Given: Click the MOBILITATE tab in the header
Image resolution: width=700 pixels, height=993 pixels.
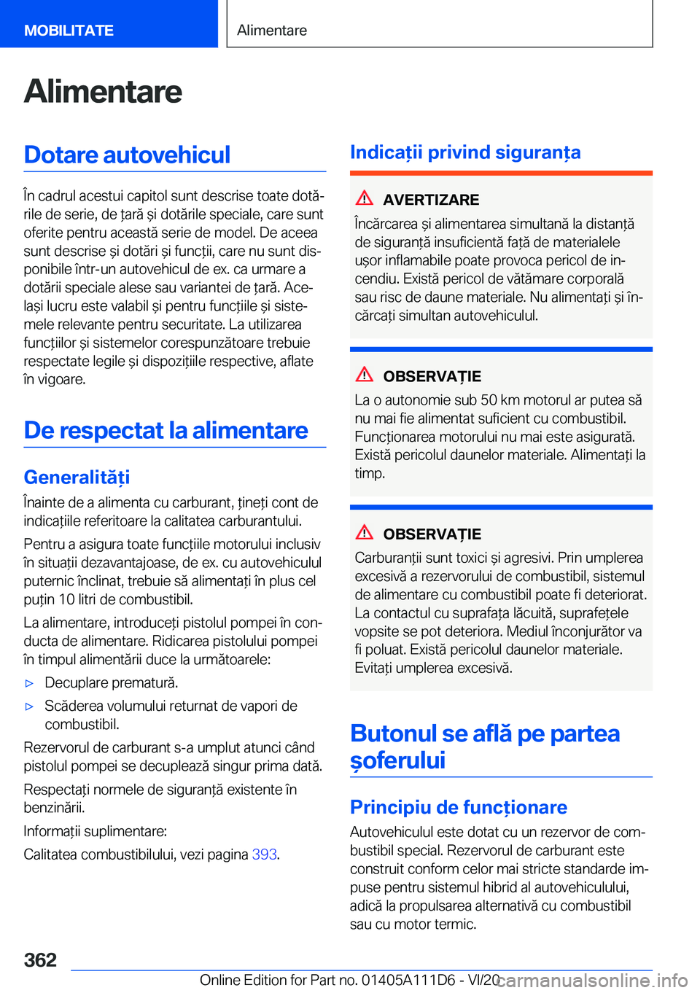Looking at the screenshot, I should [x=69, y=31].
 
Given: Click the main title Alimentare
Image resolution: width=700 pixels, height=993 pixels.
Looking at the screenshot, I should [x=103, y=92].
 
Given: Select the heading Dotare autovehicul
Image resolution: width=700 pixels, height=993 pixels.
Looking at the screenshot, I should [x=127, y=155].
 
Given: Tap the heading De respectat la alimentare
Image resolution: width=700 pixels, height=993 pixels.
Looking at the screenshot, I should [x=166, y=430].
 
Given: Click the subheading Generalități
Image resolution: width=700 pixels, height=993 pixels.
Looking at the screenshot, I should [x=77, y=477].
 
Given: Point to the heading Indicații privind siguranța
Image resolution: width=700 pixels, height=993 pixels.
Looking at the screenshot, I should [x=465, y=152].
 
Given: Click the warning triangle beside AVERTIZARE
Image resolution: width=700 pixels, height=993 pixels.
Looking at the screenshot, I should [x=365, y=198].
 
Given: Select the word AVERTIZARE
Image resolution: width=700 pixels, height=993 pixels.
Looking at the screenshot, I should [x=431, y=200].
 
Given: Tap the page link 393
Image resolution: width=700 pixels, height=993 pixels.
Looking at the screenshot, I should [x=264, y=854].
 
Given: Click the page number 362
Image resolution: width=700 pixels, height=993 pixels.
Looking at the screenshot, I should [x=40, y=959].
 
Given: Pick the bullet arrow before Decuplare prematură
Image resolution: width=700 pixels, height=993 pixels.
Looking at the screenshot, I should [x=30, y=684].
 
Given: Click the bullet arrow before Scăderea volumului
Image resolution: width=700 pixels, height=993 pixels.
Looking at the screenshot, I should [x=30, y=706].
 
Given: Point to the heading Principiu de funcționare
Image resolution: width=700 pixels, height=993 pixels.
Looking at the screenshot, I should [x=458, y=807].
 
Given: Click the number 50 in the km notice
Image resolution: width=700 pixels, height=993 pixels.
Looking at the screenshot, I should [x=489, y=400].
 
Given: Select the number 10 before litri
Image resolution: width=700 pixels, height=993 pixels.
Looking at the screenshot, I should [x=66, y=600].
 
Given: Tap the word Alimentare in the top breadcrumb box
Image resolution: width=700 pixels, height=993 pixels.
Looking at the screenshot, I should [x=272, y=31].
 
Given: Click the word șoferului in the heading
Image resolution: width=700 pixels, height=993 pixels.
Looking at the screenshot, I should [x=397, y=760].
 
